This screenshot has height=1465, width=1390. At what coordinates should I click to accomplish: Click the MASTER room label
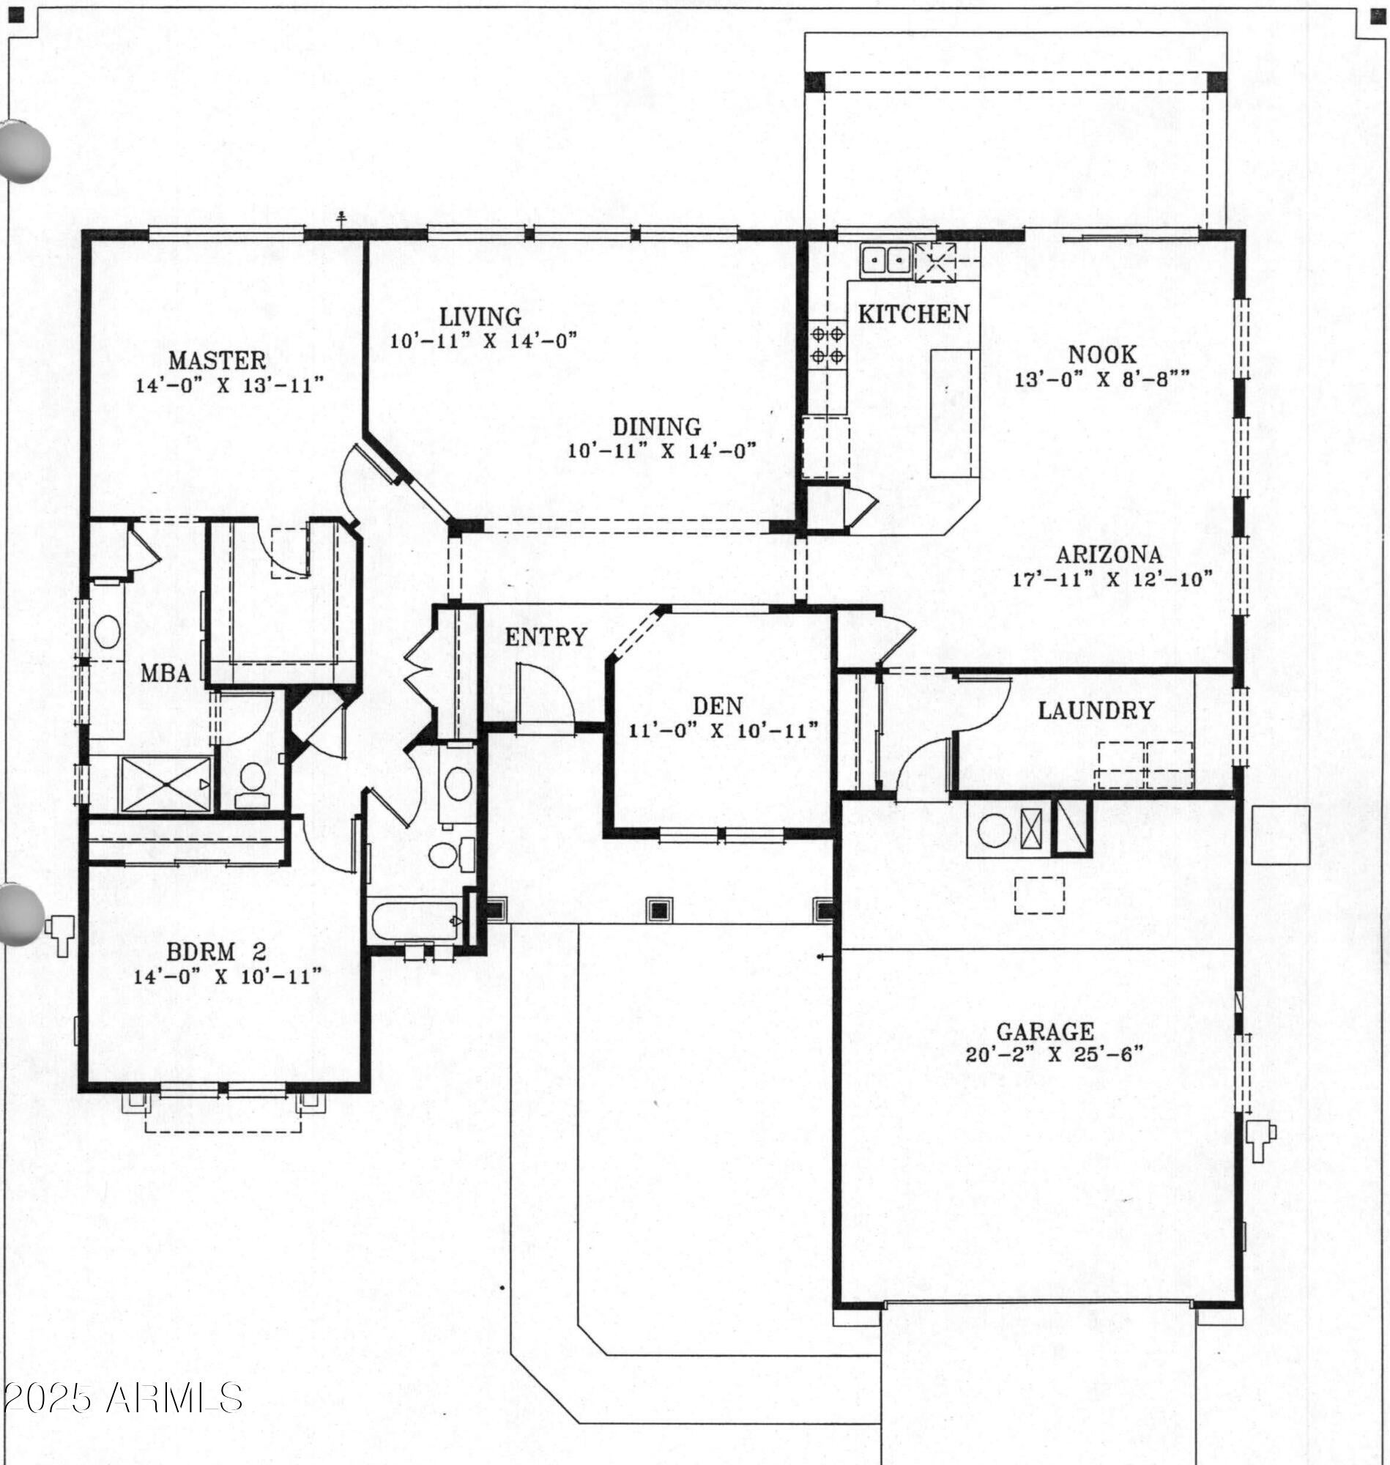217,360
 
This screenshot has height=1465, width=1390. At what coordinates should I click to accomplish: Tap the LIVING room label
481,316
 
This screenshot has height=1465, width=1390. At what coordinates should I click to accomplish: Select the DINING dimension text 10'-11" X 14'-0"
661,450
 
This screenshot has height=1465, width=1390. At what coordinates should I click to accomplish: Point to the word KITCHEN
913,314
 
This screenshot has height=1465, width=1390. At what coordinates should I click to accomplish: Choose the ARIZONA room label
1110,555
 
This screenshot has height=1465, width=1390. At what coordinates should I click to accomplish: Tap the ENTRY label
546,637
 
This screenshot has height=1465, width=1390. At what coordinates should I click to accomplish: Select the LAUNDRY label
1096,711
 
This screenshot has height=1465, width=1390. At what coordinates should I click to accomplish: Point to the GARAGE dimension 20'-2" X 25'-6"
1055,1054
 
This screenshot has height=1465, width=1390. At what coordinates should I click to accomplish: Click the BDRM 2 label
215,952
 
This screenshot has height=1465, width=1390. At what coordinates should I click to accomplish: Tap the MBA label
166,674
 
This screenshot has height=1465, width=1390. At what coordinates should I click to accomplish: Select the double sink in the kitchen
886,260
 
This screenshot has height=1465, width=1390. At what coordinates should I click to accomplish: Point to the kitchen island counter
955,413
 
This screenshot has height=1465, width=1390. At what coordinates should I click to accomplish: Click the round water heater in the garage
995,828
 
